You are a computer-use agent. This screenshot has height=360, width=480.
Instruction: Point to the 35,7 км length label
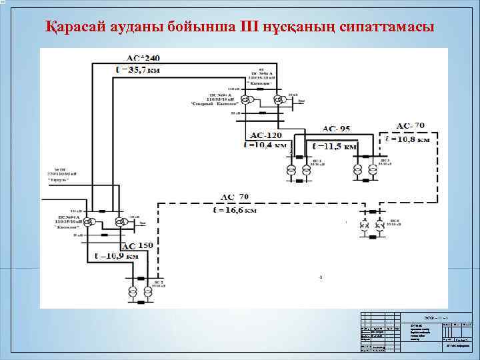[x=143, y=68]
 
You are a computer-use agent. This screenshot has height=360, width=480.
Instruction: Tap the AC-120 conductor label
[x=265, y=135]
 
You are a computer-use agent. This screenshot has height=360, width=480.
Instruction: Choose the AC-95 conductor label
[x=336, y=128]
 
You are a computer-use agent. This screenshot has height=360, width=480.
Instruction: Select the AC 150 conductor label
[x=137, y=246]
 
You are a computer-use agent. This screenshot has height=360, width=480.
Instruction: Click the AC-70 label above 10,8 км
[x=410, y=125]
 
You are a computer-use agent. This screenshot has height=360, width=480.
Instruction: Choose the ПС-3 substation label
[x=385, y=161]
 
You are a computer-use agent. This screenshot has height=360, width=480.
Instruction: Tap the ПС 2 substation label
[x=157, y=283]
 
